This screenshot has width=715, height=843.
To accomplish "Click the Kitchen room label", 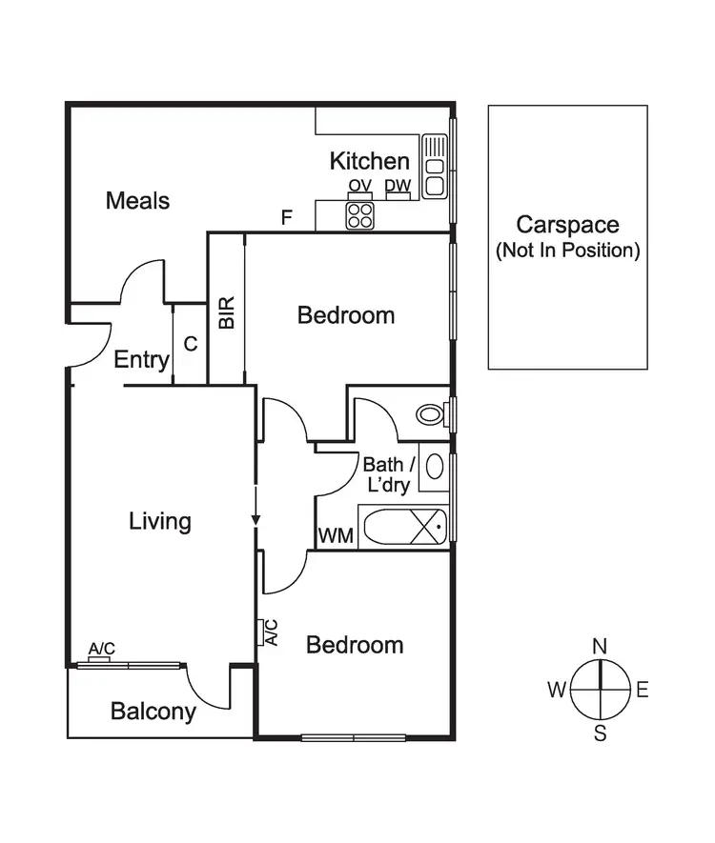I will coord(369,161).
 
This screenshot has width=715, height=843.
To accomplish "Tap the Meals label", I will coord(137,201).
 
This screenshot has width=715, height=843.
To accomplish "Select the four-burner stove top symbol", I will coord(359,216).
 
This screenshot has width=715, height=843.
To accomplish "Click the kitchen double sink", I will coord(435,166).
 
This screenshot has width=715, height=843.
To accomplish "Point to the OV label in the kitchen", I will coord(359,186).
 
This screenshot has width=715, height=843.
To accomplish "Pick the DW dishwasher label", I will coord(398,186).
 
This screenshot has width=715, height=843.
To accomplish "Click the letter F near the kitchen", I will coord(286,217).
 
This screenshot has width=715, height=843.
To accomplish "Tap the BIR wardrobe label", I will coord(227,312).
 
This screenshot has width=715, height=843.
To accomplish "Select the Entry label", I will coord(141,360).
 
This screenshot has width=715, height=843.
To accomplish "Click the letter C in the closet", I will coord(191,344).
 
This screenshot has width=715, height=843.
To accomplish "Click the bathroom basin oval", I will coord(434,467).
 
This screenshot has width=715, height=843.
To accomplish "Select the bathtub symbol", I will coord(403,527).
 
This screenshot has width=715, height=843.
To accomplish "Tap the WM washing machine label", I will coord(336,536).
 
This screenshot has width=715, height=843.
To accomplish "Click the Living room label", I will coord(160,522).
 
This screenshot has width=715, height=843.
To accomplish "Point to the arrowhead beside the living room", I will coord(255,519).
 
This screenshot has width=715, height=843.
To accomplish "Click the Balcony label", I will coord(153,711).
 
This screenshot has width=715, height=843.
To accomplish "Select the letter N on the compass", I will coord(600,647).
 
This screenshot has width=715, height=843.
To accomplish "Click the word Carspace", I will coord(567,225).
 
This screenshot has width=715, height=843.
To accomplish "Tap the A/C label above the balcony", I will coord(101,649).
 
